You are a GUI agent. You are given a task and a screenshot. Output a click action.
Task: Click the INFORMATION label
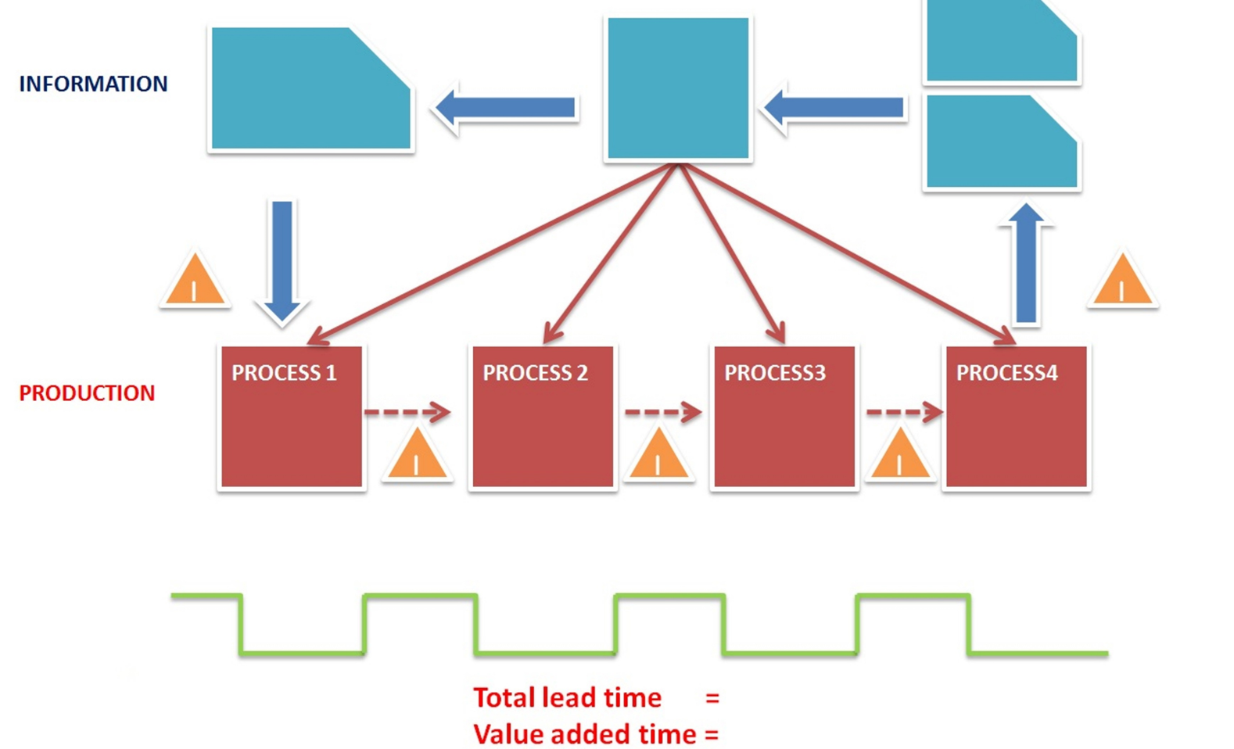pos(93,84)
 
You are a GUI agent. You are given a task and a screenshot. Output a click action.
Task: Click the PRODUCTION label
pos(87,392)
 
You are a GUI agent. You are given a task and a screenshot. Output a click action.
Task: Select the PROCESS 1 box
pos(291,418)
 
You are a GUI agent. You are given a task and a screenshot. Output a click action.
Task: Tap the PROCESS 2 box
pos(542,418)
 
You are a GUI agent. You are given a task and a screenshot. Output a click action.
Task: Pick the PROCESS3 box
pos(784,418)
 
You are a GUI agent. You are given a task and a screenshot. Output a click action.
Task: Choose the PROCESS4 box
pos(1016,418)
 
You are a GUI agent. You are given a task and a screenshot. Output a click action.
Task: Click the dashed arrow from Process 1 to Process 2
pos(407,411)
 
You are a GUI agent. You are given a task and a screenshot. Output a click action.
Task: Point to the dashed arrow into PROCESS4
pos(904,411)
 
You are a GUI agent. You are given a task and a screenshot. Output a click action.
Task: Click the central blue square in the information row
pos(678,88)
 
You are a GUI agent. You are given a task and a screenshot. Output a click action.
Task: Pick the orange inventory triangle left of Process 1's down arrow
pos(196,281)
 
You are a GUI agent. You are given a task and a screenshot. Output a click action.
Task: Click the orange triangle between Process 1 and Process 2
pos(417,457)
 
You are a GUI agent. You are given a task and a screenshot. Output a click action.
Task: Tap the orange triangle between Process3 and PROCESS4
pos(900,457)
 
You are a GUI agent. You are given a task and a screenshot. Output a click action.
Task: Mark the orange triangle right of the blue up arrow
pos(1122,281)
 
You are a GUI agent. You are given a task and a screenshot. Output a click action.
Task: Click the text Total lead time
pos(567,697)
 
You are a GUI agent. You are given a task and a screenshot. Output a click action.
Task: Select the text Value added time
pos(584,734)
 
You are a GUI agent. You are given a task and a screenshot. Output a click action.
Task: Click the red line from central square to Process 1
pos(493,254)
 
